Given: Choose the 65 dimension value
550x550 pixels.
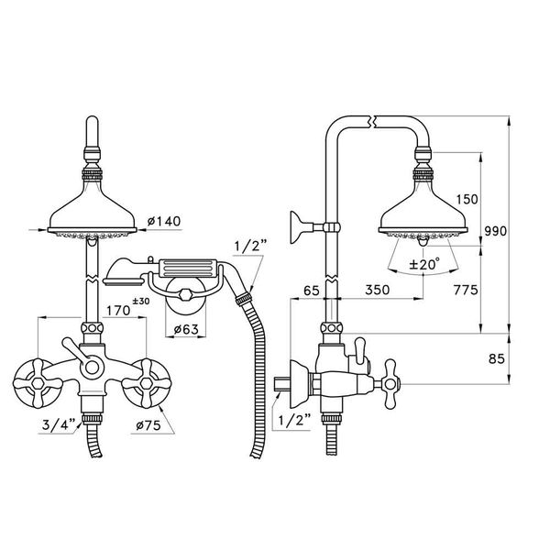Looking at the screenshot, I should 312,291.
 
